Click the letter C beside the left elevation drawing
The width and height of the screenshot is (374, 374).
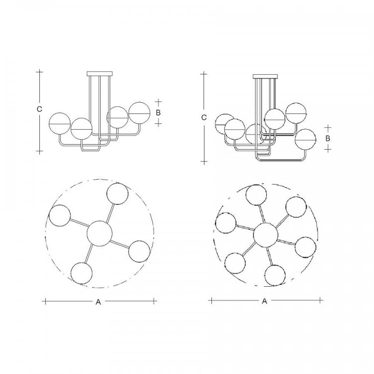pyautogui.click(x=39, y=109)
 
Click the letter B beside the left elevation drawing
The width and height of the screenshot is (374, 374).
pyautogui.click(x=158, y=113)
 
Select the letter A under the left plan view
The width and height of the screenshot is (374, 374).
pyautogui.click(x=98, y=302)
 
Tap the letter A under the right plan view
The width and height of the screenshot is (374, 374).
pyautogui.click(x=264, y=301)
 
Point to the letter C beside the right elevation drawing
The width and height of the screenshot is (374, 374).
pyautogui.click(x=203, y=118)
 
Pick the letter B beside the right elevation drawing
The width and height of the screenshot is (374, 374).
pyautogui.click(x=328, y=138)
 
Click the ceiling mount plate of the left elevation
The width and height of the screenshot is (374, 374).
pyautogui.click(x=99, y=73)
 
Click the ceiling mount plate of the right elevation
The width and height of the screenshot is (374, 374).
pyautogui.click(x=265, y=76)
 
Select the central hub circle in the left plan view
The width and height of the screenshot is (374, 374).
pyautogui.click(x=99, y=233)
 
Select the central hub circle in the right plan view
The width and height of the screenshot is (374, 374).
pyautogui.click(x=266, y=235)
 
